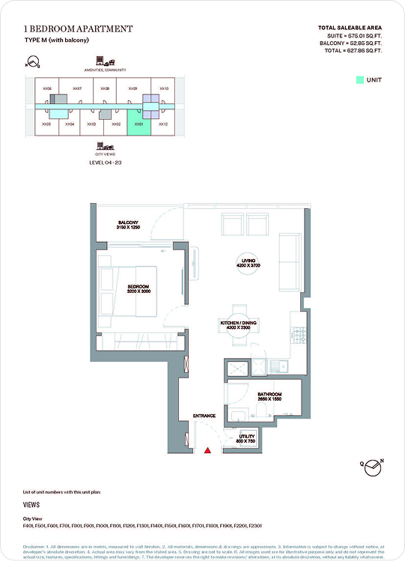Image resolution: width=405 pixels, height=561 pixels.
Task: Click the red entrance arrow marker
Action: [207, 450]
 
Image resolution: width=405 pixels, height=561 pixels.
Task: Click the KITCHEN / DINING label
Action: [239, 324]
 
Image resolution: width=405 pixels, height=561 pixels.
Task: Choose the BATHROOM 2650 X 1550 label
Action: [269, 396]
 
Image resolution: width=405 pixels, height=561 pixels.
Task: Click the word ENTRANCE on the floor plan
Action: [204, 416]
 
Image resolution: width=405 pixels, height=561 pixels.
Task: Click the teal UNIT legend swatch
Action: [359, 79]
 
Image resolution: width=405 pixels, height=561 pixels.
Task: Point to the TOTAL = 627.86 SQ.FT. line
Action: [350, 51]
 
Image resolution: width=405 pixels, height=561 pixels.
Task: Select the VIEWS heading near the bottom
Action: [31, 505]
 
